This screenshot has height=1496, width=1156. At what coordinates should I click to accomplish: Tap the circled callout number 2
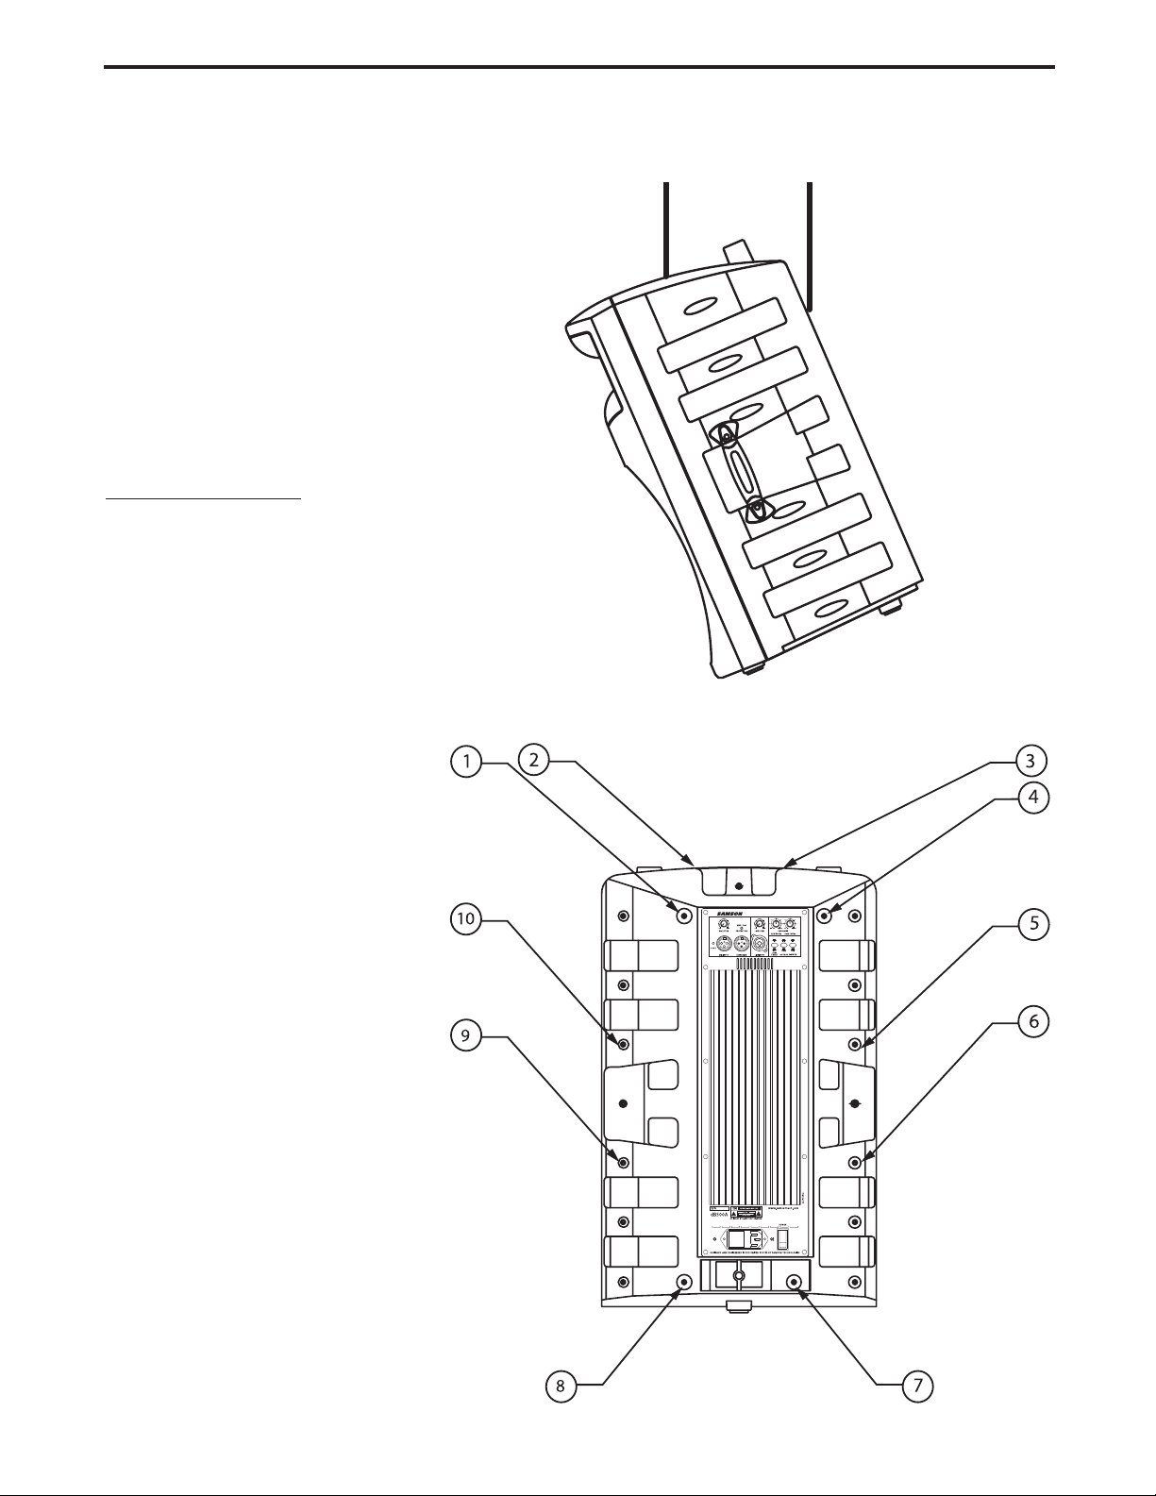tap(534, 760)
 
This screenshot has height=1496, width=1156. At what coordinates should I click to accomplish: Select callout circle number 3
tap(1031, 760)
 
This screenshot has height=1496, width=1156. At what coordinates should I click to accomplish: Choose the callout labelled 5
tap(1034, 924)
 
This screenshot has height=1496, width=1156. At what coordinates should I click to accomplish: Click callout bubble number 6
tap(1034, 1021)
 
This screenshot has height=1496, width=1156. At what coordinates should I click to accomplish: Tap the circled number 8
tap(561, 1386)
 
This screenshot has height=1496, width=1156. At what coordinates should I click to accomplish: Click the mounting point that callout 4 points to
tap(825, 915)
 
